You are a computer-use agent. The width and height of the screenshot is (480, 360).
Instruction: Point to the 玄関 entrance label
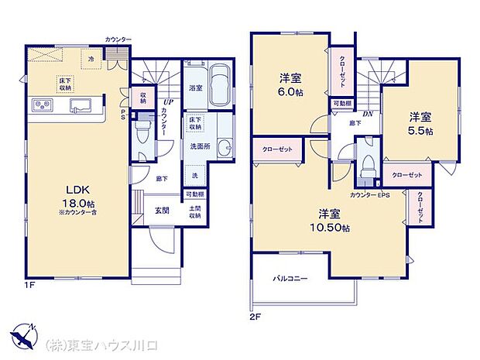coord(162,211)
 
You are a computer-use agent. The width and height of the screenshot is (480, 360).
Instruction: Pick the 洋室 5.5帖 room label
coord(421,123)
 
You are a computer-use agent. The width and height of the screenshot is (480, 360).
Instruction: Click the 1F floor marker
coord(29,284)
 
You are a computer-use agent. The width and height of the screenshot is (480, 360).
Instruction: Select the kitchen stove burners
coord(42,106)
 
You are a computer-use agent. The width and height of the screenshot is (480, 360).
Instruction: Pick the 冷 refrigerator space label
coord(91,58)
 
